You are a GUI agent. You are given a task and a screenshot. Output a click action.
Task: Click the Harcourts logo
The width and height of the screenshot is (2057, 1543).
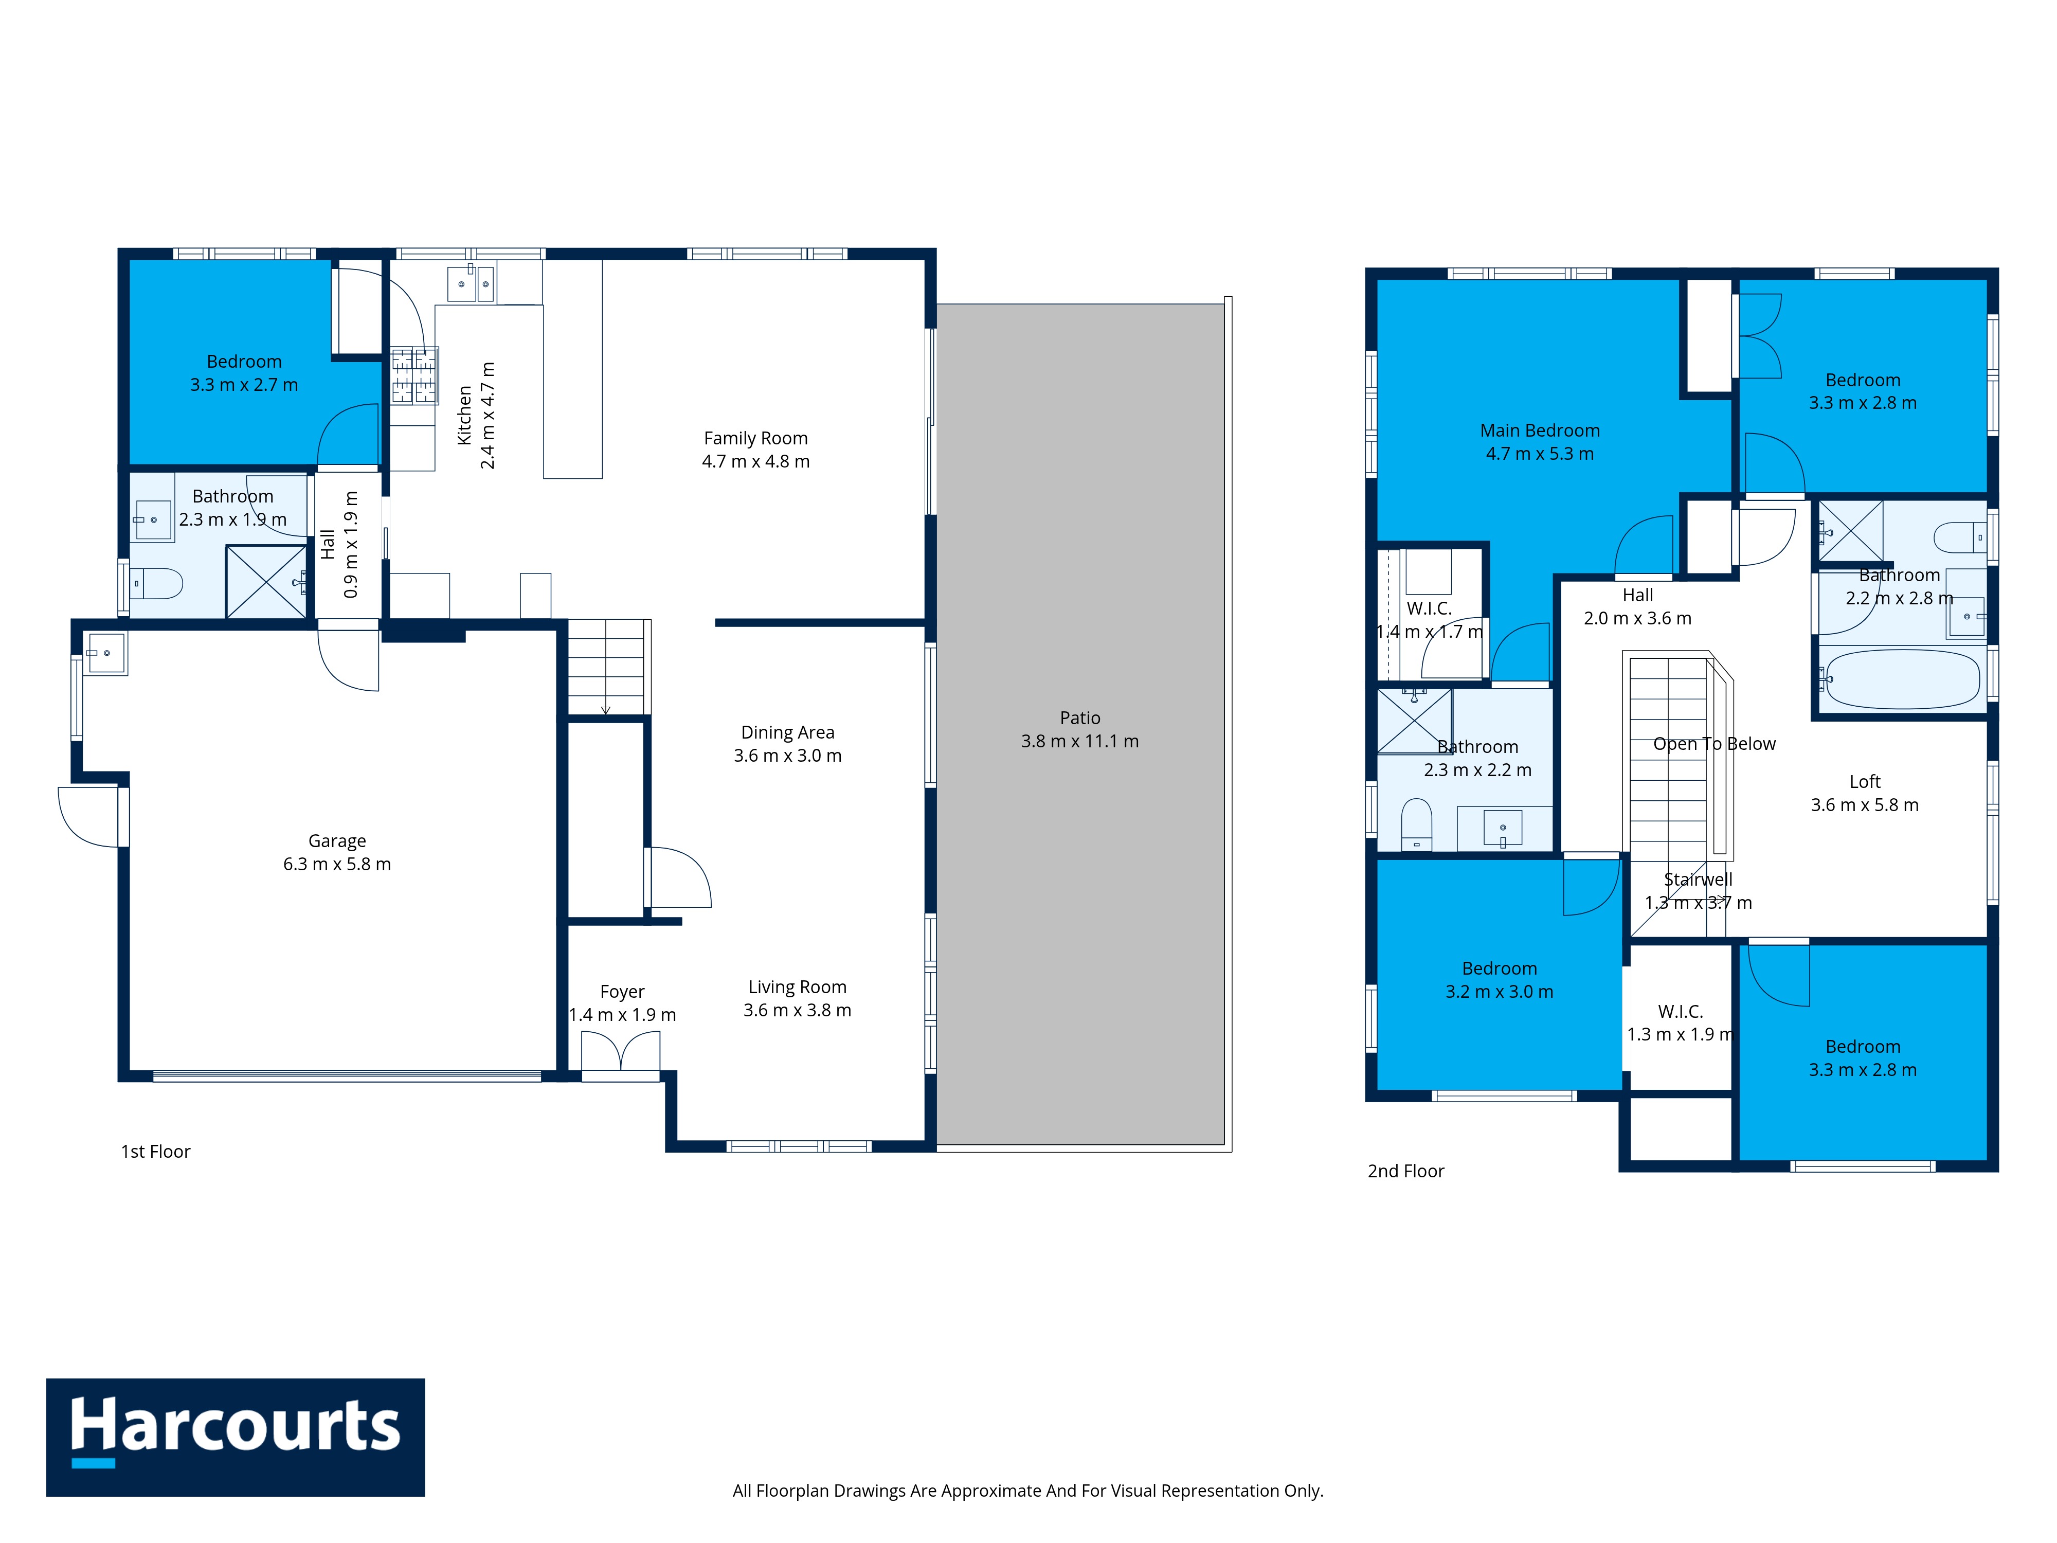tap(236, 1437)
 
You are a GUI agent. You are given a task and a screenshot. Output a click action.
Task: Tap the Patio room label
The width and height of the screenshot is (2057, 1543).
tap(1079, 718)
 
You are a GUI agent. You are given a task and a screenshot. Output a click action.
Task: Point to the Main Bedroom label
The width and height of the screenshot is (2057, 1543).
tap(1540, 430)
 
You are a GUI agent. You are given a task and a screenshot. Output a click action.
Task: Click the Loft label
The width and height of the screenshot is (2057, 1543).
tap(1865, 782)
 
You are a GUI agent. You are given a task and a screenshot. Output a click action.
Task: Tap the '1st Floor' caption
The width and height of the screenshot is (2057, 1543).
tap(155, 1152)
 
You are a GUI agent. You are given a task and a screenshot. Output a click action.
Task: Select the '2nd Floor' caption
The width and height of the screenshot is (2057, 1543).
tap(1405, 1171)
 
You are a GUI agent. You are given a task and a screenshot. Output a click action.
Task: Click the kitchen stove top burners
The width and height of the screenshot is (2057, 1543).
tap(414, 376)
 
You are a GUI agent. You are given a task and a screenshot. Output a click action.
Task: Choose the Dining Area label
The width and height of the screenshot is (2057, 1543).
tap(788, 733)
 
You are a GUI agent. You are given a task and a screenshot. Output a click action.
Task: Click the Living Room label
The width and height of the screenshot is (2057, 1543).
tap(797, 987)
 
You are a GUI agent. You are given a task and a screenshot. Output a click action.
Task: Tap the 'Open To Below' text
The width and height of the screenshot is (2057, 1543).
tap(1714, 744)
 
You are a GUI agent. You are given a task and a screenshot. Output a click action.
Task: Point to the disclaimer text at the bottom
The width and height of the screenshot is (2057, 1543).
tap(1027, 1491)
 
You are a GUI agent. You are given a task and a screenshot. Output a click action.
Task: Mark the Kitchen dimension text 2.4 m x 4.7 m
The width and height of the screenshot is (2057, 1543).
tap(488, 415)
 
